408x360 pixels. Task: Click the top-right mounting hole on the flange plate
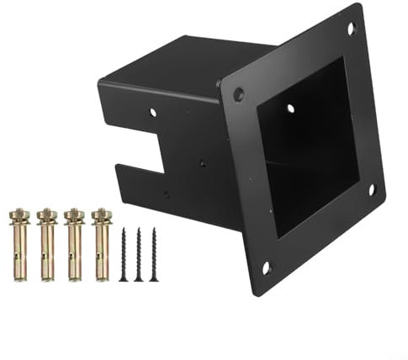click(351, 29)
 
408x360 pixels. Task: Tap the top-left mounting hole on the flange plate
click(239, 94)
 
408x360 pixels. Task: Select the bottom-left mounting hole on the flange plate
click(266, 267)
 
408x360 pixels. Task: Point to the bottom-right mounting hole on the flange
click(371, 189)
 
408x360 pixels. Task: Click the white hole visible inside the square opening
click(290, 109)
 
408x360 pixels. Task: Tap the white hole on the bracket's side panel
click(152, 111)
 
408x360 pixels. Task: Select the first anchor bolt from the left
click(20, 244)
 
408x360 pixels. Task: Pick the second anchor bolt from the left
click(47, 244)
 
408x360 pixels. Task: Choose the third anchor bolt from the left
click(74, 244)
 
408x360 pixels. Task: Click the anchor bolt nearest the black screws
click(101, 244)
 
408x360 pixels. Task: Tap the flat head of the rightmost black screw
click(154, 230)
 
